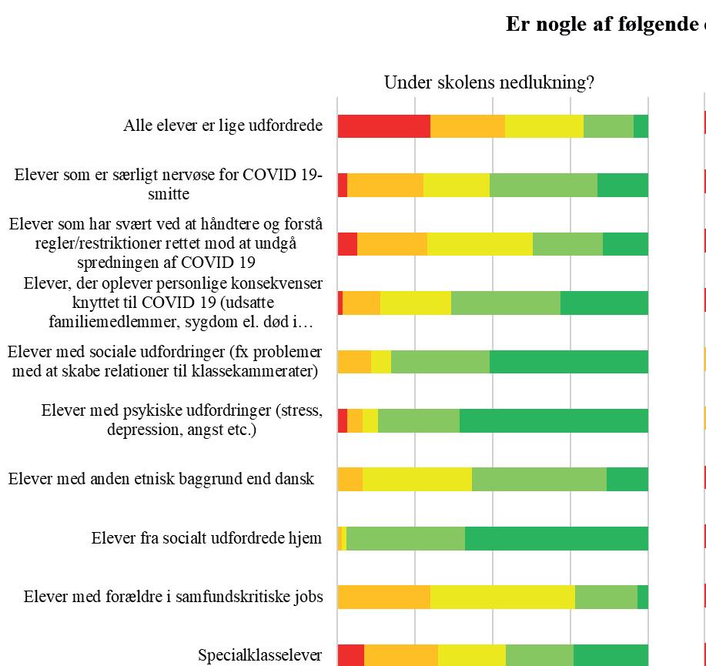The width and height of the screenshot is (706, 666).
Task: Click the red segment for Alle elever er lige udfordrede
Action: coord(383,126)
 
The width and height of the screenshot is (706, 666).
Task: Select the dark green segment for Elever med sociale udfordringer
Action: coord(568,362)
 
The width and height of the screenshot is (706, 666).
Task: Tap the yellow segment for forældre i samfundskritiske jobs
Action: coord(502,597)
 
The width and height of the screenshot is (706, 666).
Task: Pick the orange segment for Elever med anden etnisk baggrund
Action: coord(350,479)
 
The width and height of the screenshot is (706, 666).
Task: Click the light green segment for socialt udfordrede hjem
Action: coord(405,538)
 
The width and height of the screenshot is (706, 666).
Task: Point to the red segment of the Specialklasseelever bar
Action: coord(350,655)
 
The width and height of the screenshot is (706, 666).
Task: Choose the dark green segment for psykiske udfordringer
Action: coord(554,421)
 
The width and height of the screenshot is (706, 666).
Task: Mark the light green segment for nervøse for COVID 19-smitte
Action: coord(543,185)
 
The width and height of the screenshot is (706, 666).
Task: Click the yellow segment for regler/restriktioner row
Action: coord(480,243)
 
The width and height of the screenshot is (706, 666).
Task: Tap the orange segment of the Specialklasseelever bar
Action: coord(400,655)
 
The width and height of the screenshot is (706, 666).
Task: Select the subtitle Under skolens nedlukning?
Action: coord(489,82)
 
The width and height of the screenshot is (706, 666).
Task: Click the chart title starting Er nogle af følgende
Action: coord(605,24)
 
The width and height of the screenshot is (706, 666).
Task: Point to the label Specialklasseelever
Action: coord(260,655)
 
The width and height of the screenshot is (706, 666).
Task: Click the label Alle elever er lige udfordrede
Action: coord(223,126)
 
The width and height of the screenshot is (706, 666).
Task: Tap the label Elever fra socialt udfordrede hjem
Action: coord(206,538)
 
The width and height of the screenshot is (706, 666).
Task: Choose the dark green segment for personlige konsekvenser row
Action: coord(604,303)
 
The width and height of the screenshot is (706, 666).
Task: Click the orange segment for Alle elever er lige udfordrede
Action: coord(467,126)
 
